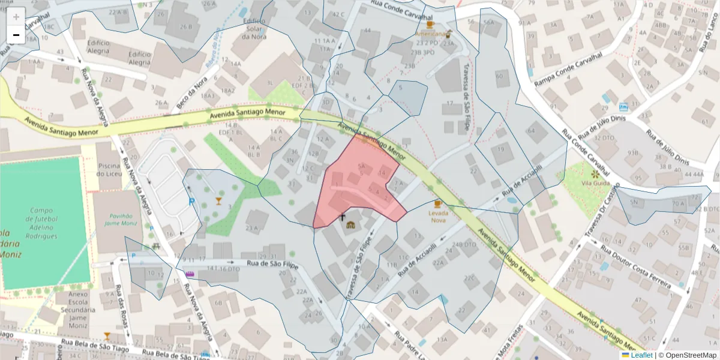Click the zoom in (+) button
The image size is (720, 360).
tap(16, 17)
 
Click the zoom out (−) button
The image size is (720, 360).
tap(16, 35)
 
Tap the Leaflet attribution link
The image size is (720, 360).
tap(641, 355)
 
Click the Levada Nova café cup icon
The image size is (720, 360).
tap(438, 204)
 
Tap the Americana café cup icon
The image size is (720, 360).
tap(430, 25)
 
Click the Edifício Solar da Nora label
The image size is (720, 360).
tap(253, 28)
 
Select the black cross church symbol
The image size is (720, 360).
tap(343, 217)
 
